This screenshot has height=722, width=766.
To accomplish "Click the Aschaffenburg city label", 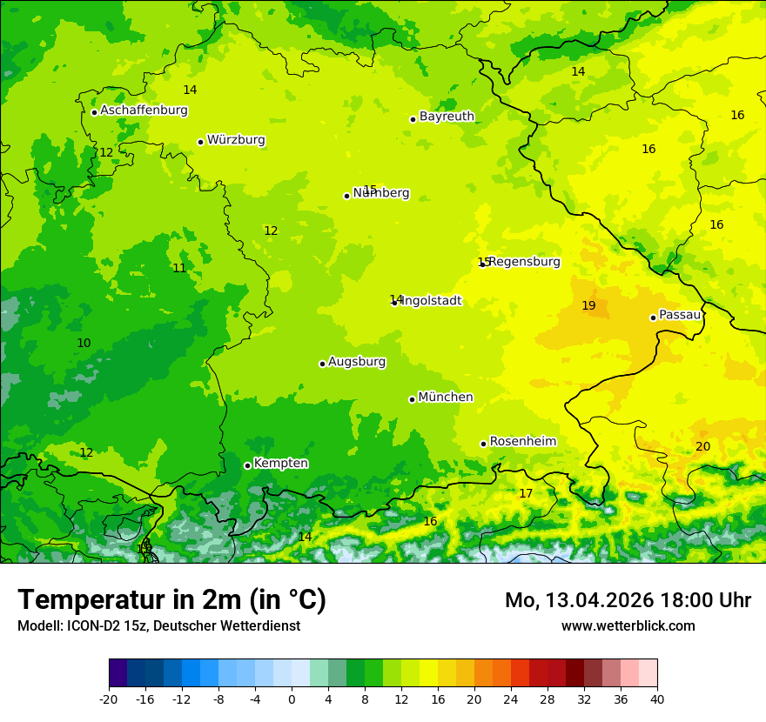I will pos(144,110).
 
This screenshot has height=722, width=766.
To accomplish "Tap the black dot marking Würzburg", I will pos(200,142).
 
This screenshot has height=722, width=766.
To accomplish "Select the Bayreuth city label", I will pos(447,117).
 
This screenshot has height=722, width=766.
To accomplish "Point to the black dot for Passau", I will pos(653,318).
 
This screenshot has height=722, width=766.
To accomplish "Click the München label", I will pos(446,398).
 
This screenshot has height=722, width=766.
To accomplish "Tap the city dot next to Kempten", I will pos(247,465).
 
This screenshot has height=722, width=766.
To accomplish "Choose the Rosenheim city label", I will pos(522,442).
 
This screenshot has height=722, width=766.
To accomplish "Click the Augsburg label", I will pos(357,362).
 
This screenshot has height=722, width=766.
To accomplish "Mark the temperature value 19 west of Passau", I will pos(588,305).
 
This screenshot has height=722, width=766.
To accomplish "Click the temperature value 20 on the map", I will pos(702,446).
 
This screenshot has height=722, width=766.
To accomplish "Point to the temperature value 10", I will pos(84,344).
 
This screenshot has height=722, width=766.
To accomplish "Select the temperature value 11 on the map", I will pos(179,268).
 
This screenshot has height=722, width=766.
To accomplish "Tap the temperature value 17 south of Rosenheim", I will pos(526,494).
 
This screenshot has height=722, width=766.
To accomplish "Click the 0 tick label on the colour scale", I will pos(292,699).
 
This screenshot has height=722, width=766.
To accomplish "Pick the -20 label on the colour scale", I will pos(109,699).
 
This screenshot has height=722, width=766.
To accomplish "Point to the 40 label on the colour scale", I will pos(657,699).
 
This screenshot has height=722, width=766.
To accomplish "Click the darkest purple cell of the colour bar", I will pos(118,673).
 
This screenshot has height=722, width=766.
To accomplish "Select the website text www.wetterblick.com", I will pos(628,625).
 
